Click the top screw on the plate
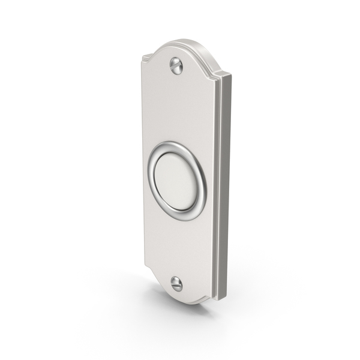[x=176, y=65]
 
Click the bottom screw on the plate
[x=176, y=283]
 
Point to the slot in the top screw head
[x=176, y=65]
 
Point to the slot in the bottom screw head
[x=176, y=283]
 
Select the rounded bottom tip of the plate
[x=180, y=302]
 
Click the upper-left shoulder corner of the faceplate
[x=145, y=58]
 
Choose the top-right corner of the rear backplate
[x=230, y=76]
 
